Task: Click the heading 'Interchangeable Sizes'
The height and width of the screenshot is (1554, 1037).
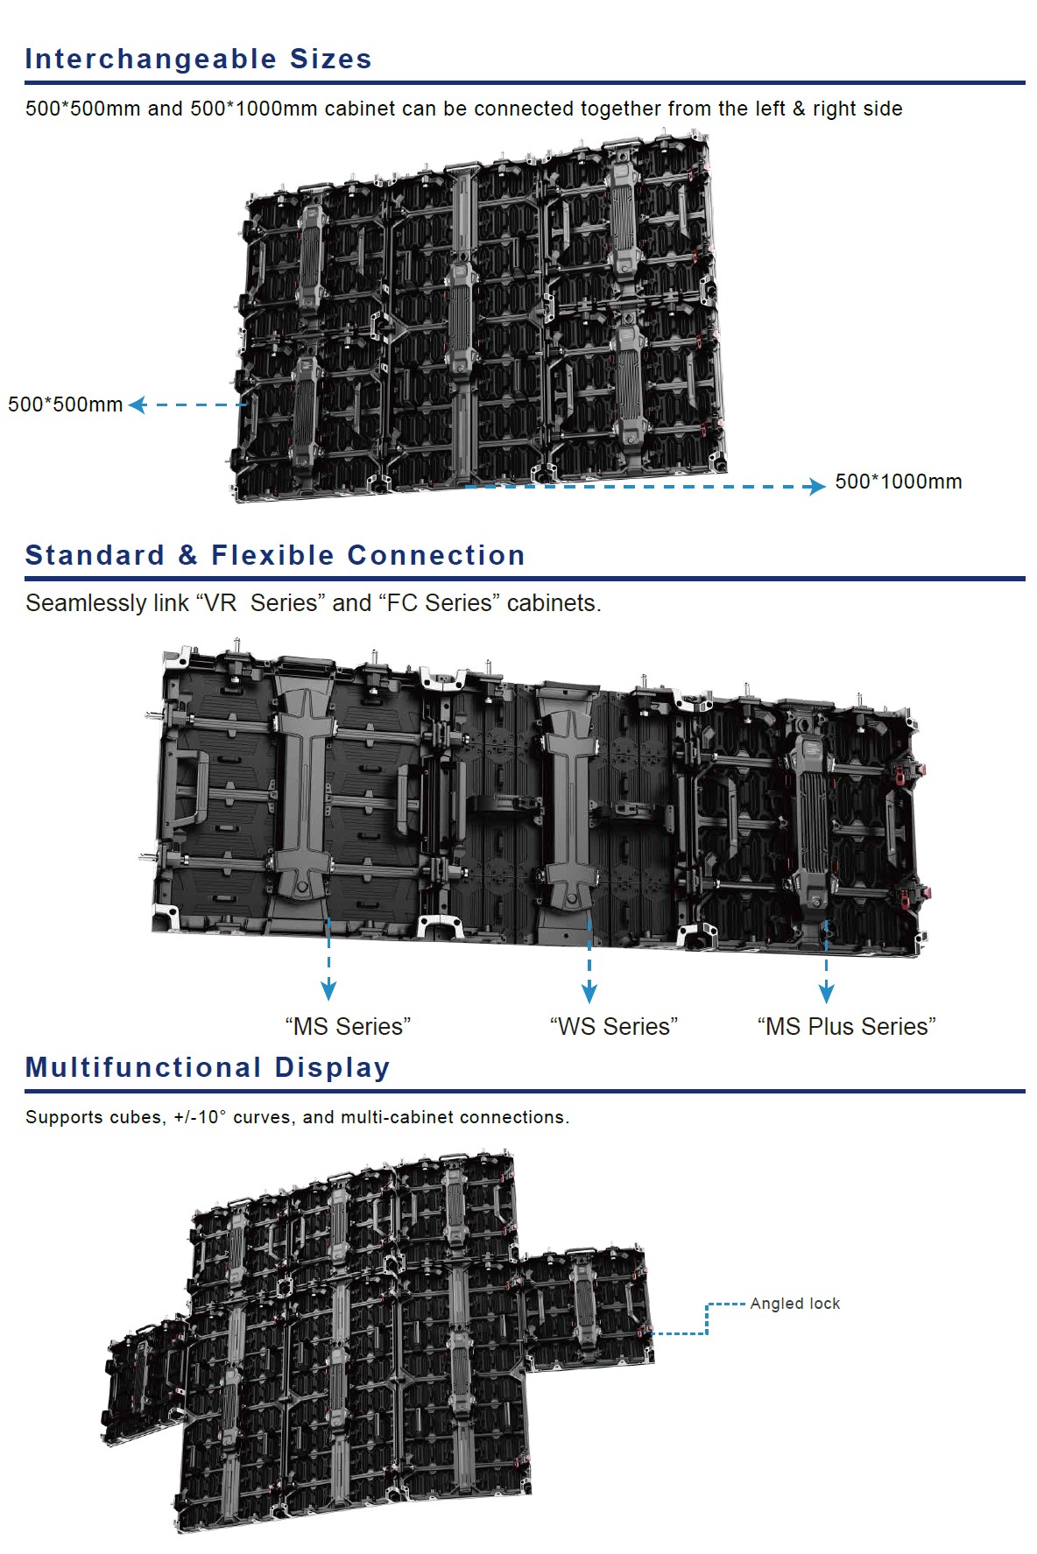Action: pos(198,59)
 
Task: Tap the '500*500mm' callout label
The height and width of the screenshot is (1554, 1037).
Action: pos(65,404)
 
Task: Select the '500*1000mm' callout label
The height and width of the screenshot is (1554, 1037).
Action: pos(898,482)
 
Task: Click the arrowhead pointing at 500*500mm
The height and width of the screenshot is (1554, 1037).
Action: pos(138,404)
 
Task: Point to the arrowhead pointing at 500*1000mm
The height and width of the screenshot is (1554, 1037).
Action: pos(816,486)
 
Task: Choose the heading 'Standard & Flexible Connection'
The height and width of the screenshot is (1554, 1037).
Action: pos(275,555)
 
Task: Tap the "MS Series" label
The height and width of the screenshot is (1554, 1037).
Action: pos(348,1026)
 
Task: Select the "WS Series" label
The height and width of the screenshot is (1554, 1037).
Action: pos(613,1026)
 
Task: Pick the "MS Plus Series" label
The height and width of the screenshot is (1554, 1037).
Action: pos(846,1026)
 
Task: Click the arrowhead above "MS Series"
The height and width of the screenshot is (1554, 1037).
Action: pos(328,990)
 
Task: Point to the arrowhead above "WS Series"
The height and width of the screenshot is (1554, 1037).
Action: pos(589,992)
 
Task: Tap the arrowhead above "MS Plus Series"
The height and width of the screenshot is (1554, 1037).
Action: pos(826,992)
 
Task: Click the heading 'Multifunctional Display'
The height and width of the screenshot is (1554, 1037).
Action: pos(208,1067)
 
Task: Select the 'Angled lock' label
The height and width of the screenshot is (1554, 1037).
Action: pos(794,1304)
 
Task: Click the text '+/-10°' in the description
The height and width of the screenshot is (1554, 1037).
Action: pos(200,1117)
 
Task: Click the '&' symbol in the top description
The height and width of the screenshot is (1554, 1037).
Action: pos(798,109)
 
